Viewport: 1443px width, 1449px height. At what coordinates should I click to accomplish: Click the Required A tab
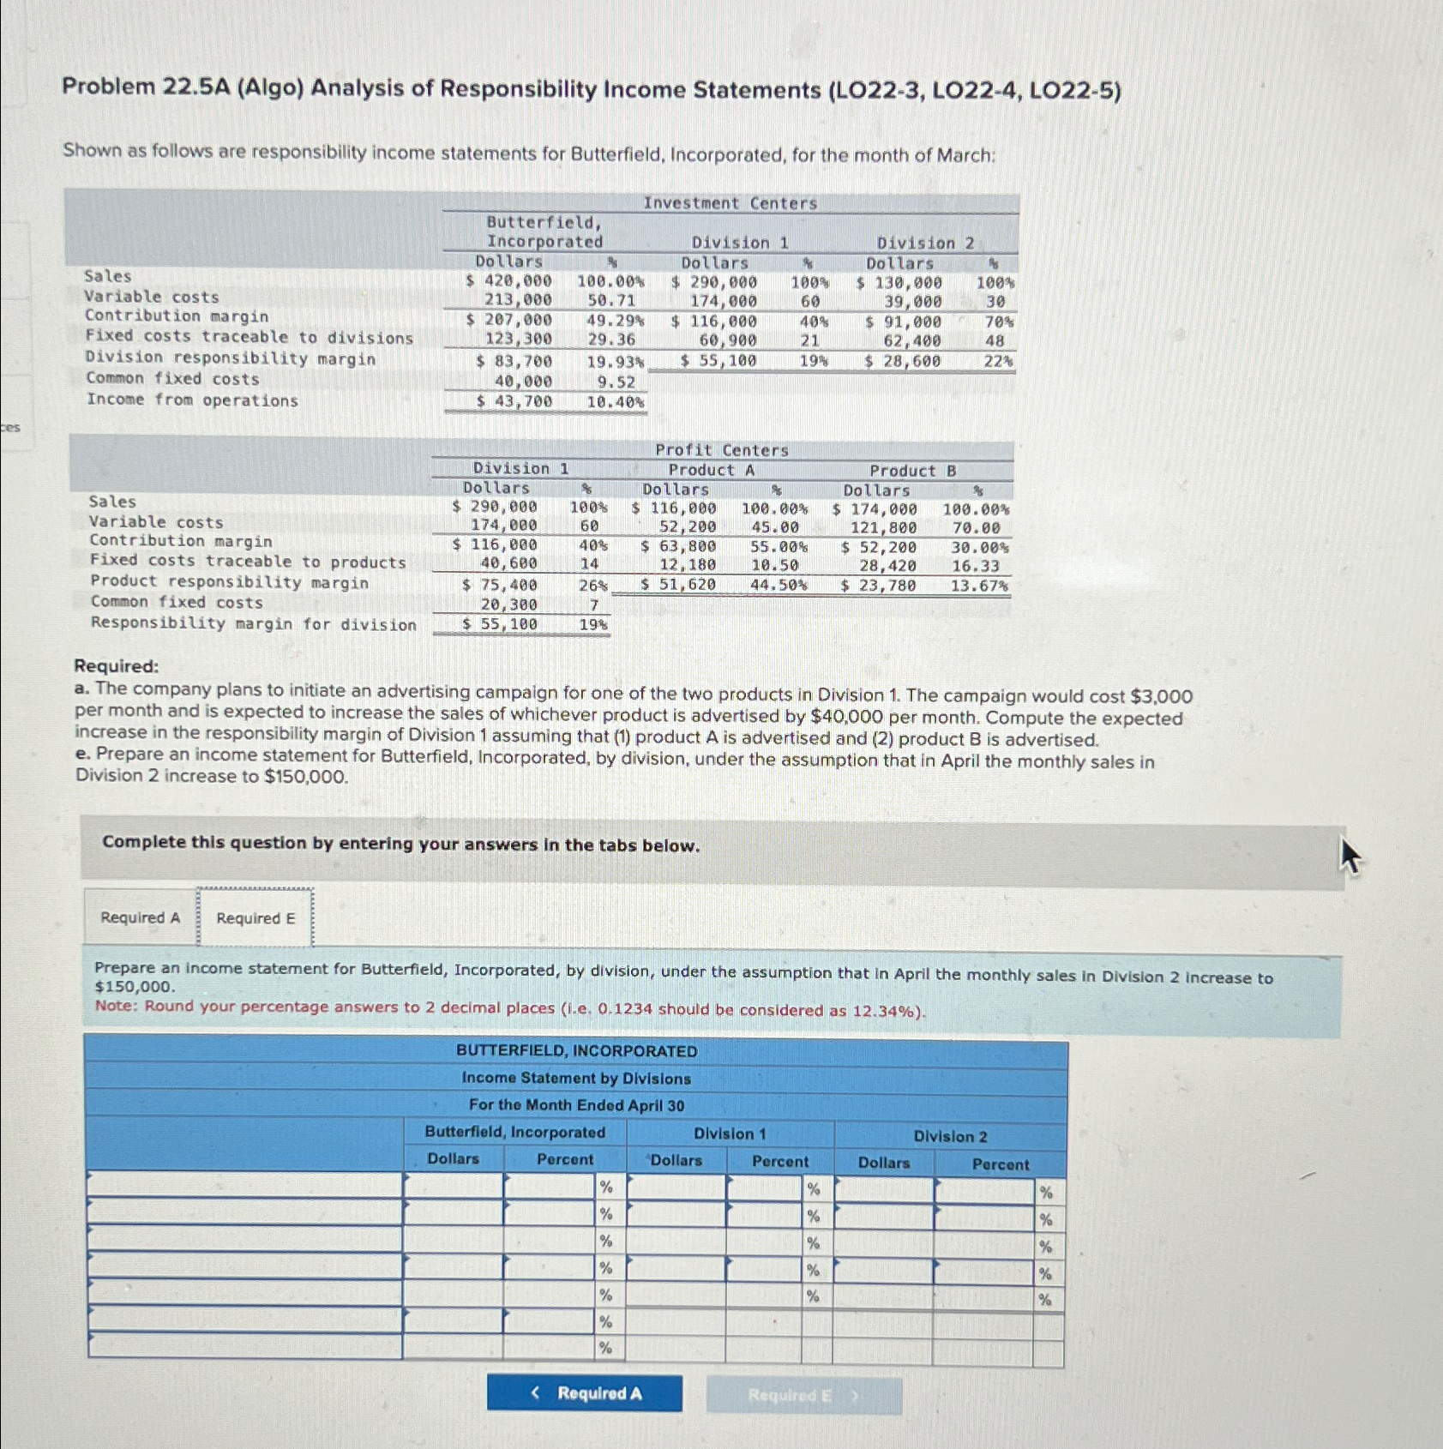coord(140,917)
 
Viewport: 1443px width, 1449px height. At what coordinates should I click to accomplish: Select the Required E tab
coord(256,918)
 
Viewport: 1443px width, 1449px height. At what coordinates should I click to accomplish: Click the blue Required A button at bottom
coord(585,1393)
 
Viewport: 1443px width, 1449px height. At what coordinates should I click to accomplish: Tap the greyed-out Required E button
coord(803,1396)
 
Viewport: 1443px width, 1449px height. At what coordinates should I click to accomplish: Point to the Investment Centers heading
coord(730,203)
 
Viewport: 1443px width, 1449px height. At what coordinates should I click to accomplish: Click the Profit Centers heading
coord(721,450)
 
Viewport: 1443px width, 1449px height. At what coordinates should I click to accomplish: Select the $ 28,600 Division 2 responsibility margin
coord(902,361)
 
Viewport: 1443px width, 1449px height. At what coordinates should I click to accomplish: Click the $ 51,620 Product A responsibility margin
coord(678,585)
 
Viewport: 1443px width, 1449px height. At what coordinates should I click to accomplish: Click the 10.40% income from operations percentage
coord(616,401)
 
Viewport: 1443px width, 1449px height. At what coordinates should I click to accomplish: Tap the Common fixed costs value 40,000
coord(523,382)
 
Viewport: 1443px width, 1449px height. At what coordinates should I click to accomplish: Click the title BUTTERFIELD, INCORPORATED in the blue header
coord(576,1051)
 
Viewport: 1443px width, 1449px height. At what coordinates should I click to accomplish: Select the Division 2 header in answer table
coord(950,1137)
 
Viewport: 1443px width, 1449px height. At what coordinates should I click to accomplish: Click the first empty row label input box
coord(245,1185)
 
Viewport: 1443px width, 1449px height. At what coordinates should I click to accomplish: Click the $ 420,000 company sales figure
coord(508,281)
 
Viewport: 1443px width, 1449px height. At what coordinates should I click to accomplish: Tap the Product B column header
coord(912,471)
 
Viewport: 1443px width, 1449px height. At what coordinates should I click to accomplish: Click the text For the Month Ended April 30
coord(576,1105)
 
